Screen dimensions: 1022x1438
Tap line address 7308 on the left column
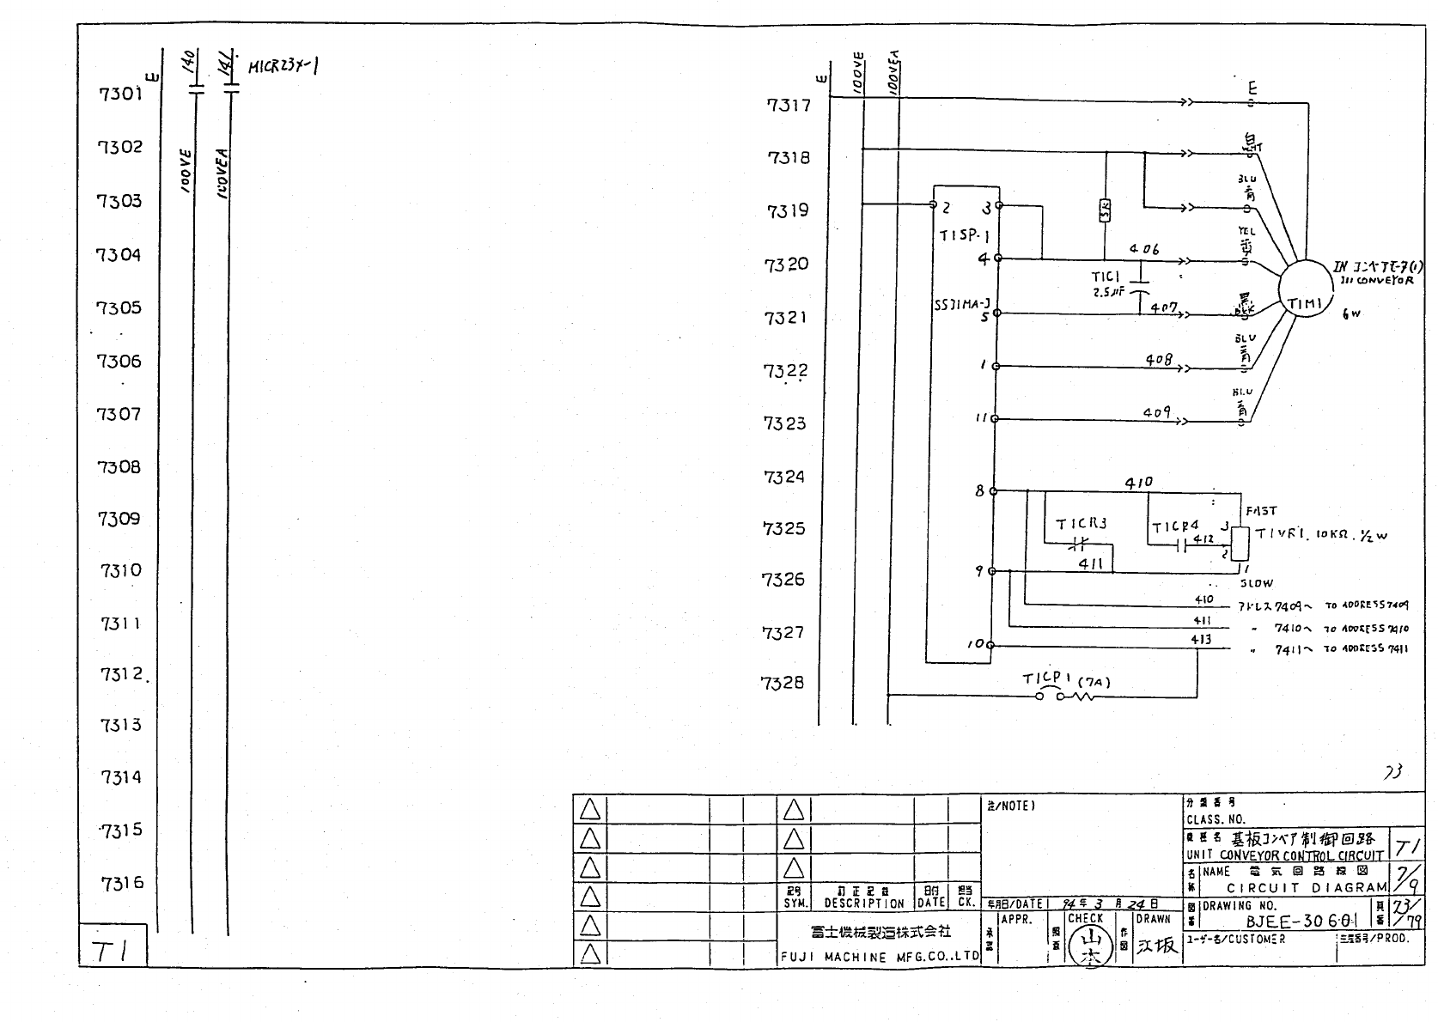(118, 466)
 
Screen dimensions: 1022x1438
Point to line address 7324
(784, 477)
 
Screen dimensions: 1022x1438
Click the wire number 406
(1144, 248)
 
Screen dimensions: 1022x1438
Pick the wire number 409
(1156, 412)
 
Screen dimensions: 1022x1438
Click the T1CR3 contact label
(1081, 523)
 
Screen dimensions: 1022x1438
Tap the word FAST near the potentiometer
(1261, 510)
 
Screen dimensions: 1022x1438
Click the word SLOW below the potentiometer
(1256, 583)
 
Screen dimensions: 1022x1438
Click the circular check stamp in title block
(1093, 946)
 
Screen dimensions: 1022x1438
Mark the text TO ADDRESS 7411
(1366, 649)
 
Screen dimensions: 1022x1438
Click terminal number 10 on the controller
(978, 644)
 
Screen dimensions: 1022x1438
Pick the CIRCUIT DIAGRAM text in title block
(1306, 888)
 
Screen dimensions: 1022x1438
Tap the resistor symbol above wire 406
(1106, 210)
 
